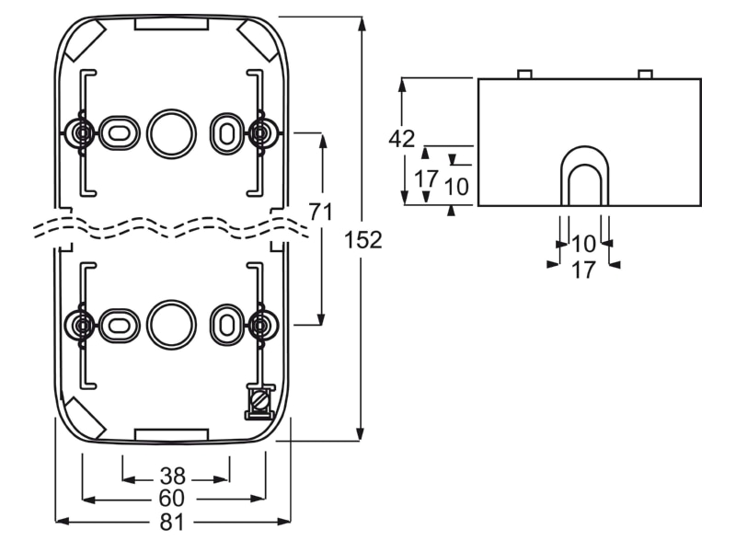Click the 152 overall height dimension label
(363, 240)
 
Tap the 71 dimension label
(320, 212)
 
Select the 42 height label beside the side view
(402, 139)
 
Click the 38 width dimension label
(173, 477)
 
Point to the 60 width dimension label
(172, 499)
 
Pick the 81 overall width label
(172, 522)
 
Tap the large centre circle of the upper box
(171, 134)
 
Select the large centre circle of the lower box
(171, 325)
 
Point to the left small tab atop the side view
(524, 75)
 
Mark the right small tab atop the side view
(646, 75)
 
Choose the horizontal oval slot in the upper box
(120, 133)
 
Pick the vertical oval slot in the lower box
(226, 325)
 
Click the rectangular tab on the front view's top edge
(171, 24)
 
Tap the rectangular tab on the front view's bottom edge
(171, 434)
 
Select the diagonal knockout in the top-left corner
(84, 40)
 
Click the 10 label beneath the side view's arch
(583, 244)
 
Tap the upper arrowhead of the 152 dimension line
(361, 22)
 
